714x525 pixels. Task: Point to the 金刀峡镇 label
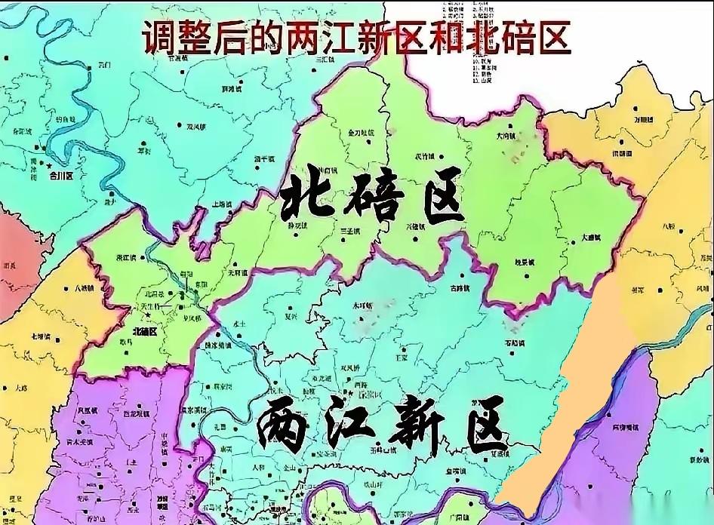click(x=361, y=133)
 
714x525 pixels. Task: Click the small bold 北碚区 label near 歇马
click(x=143, y=330)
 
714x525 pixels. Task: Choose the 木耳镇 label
click(x=363, y=306)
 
